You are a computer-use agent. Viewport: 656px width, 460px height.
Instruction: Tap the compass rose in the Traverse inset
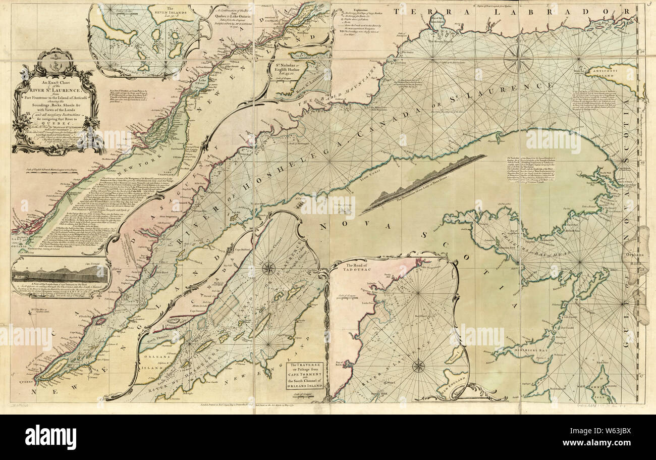pyautogui.click(x=268, y=268)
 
